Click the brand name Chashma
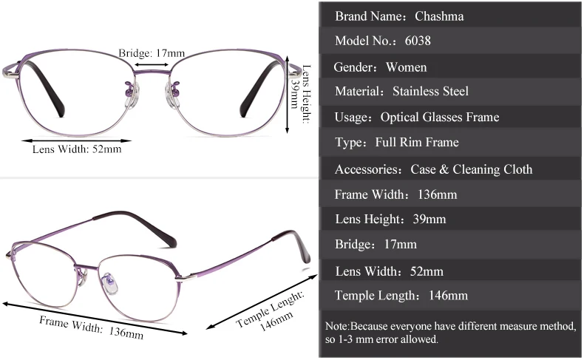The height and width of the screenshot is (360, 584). point(439,16)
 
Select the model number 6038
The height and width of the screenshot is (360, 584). point(418,41)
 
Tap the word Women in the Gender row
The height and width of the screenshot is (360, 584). point(406,67)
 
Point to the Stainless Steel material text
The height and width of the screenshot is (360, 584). point(431,92)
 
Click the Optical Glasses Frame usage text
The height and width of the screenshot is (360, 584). point(439,117)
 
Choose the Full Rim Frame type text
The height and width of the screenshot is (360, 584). point(417,142)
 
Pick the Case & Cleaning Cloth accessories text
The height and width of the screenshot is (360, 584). point(471,169)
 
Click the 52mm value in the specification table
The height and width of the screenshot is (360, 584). point(427,271)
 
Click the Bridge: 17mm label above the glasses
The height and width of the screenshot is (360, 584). point(152,53)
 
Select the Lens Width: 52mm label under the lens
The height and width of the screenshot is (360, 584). point(77,149)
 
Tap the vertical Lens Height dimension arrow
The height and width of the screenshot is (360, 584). point(289,96)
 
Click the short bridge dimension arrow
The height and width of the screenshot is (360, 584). point(152,64)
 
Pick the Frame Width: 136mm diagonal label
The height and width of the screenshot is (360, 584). point(91,326)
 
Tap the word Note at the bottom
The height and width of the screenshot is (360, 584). point(336,326)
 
